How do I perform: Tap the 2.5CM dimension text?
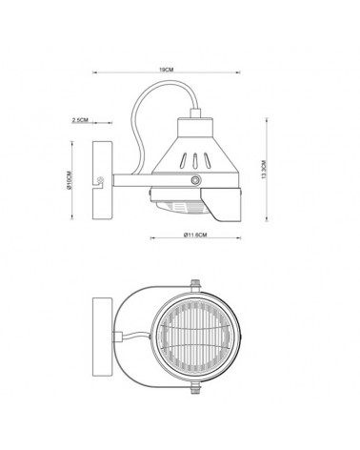(80, 120)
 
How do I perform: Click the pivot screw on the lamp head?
(196, 180)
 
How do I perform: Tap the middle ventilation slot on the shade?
(195, 159)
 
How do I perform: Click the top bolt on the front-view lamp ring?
(195, 283)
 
